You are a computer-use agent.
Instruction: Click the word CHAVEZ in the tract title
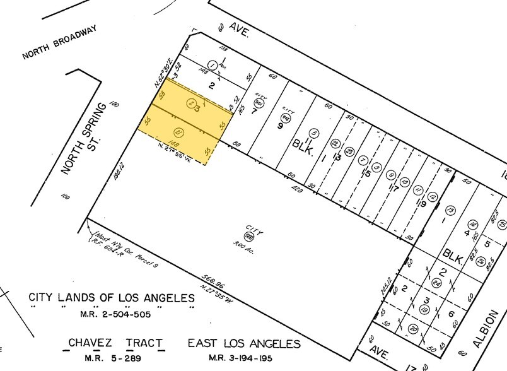coord(91,344)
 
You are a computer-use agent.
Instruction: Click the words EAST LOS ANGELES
coord(243,344)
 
